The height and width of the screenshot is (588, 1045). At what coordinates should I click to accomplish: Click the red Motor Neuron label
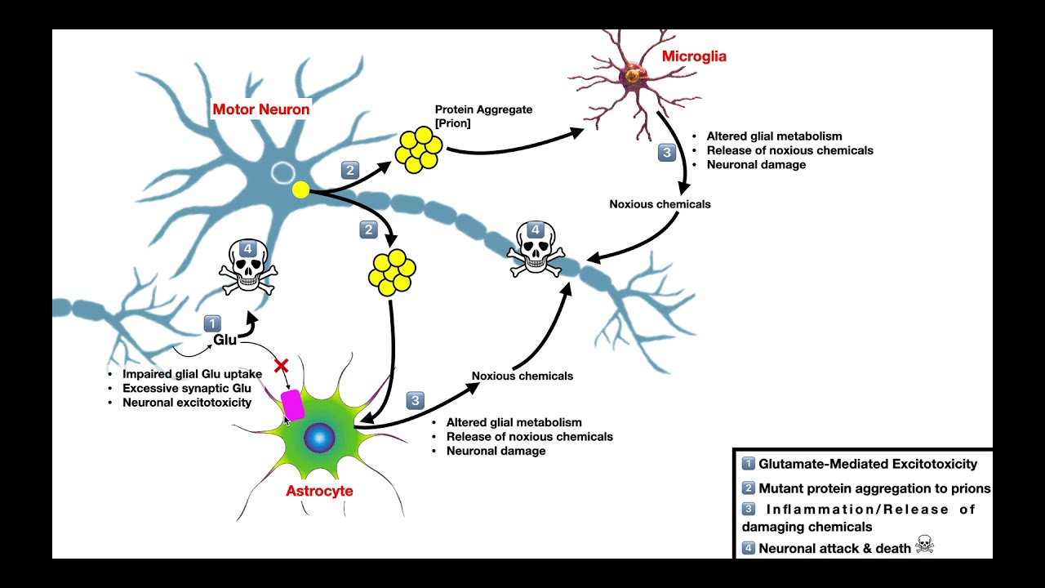click(260, 109)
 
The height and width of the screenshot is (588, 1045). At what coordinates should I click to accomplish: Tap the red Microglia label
click(694, 56)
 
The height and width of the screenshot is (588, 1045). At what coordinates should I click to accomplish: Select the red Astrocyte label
click(319, 491)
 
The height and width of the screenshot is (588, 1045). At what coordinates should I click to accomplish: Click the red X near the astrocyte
click(282, 366)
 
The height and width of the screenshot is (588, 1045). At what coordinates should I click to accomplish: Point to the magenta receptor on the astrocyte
click(292, 405)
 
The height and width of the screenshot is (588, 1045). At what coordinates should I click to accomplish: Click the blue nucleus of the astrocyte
click(319, 439)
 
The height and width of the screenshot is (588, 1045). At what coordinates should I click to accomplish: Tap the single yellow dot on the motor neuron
click(300, 190)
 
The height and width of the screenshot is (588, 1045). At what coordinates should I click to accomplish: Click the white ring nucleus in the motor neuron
click(282, 172)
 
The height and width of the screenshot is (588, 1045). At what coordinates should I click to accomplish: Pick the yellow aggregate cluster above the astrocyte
click(393, 272)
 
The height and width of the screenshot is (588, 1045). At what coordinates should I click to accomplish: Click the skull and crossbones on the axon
click(536, 248)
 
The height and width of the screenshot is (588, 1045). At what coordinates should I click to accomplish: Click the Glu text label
click(225, 340)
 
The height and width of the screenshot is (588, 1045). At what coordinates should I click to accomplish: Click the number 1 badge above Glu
click(212, 323)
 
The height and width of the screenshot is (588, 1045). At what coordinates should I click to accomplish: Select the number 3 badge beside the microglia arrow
click(667, 152)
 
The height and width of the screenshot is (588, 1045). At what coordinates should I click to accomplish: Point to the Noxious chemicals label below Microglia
click(660, 204)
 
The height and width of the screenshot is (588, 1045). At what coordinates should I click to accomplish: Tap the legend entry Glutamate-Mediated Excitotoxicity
click(867, 464)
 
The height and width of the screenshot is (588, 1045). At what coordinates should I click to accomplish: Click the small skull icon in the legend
click(924, 545)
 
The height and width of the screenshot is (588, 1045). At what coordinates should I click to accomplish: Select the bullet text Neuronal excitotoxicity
click(187, 402)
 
